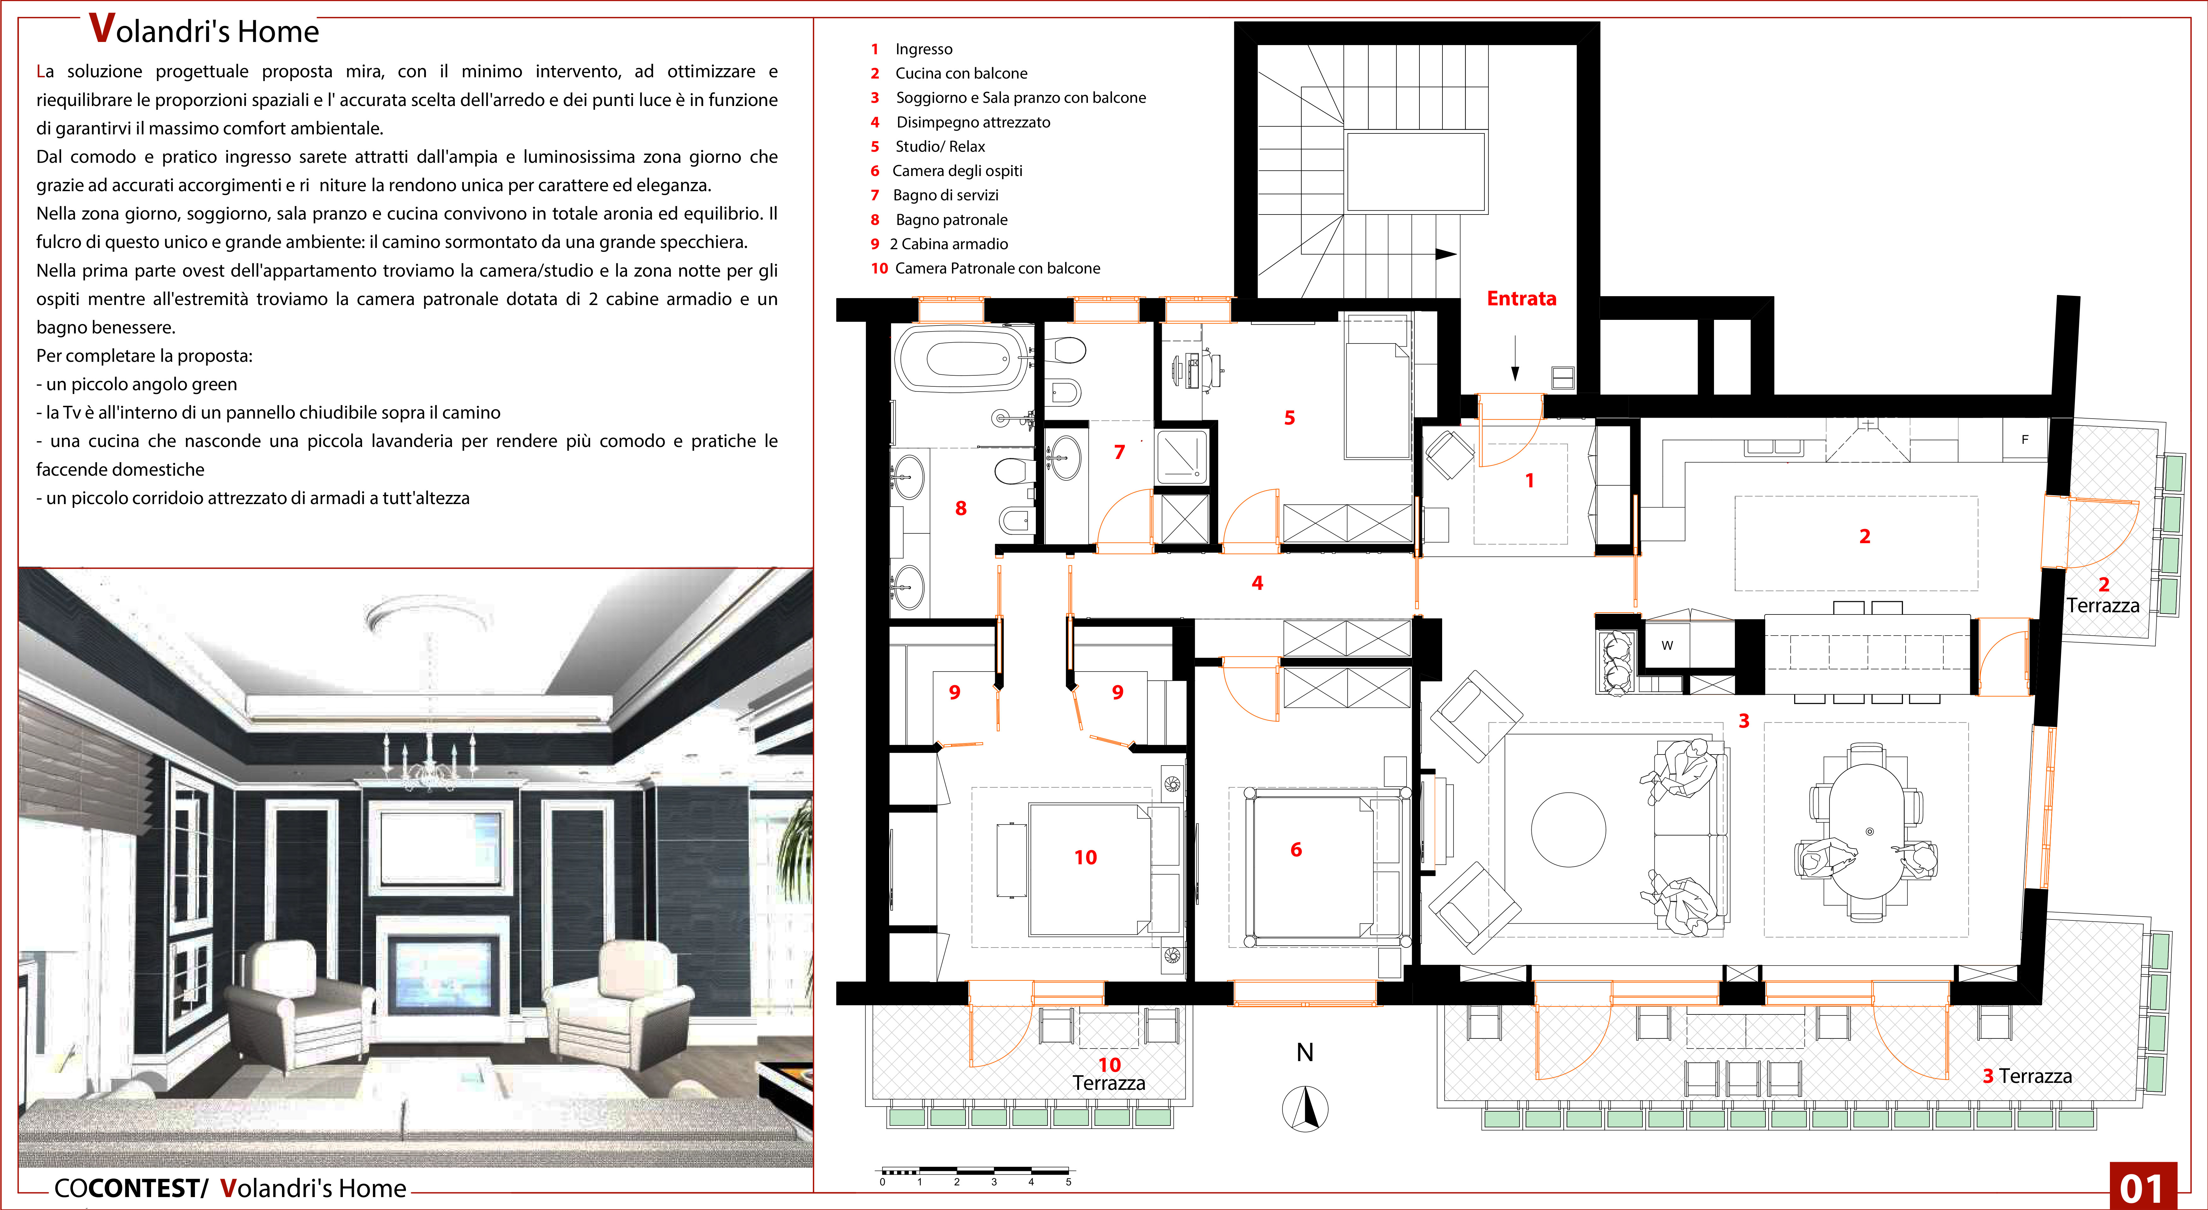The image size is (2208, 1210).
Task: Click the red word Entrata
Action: pyautogui.click(x=1521, y=298)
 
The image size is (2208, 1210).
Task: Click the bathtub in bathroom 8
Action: pyautogui.click(x=962, y=358)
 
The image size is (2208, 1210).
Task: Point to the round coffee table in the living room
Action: pyautogui.click(x=1569, y=830)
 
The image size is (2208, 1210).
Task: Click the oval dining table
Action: pyautogui.click(x=1869, y=831)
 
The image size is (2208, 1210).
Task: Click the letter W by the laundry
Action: pyautogui.click(x=1667, y=645)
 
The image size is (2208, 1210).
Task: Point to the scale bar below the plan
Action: pyautogui.click(x=975, y=1171)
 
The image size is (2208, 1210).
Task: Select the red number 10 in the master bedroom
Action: pyautogui.click(x=1085, y=857)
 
